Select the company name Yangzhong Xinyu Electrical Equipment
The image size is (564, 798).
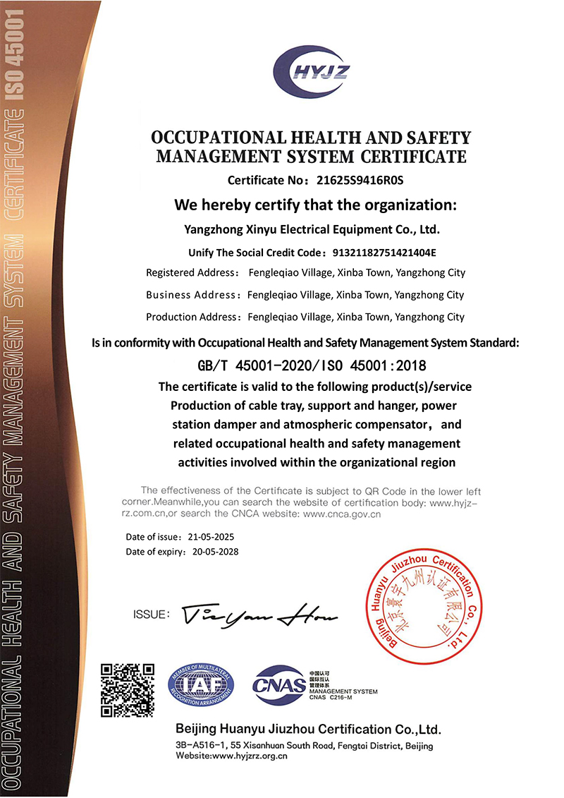pos(311,229)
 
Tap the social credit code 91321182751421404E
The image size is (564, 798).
pos(384,252)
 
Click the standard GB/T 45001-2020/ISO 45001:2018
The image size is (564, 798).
pos(312,365)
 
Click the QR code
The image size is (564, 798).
pos(127,690)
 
